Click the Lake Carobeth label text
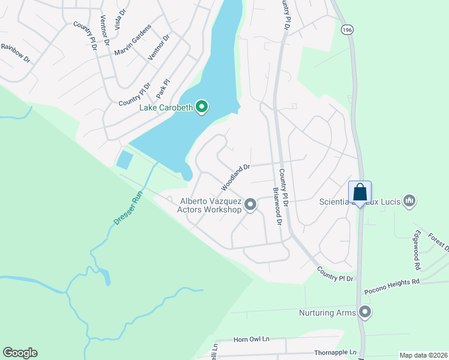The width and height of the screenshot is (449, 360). (166, 107)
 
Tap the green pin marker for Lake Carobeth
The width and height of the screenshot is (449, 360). (202, 107)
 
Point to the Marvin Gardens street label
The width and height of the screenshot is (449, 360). (133, 41)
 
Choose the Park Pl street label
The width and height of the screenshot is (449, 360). (163, 89)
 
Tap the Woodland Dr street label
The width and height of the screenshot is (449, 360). (235, 175)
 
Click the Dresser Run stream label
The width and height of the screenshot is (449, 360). (129, 207)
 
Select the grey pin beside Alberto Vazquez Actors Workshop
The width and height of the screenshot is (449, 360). (251, 205)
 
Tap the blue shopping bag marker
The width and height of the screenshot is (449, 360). (360, 193)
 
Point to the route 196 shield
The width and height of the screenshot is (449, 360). (346, 29)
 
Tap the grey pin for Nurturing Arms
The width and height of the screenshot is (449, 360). (365, 312)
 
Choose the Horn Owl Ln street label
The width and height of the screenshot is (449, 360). (252, 340)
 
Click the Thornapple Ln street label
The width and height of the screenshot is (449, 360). (335, 353)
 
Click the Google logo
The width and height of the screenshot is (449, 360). (20, 353)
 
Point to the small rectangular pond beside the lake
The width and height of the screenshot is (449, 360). (125, 160)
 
